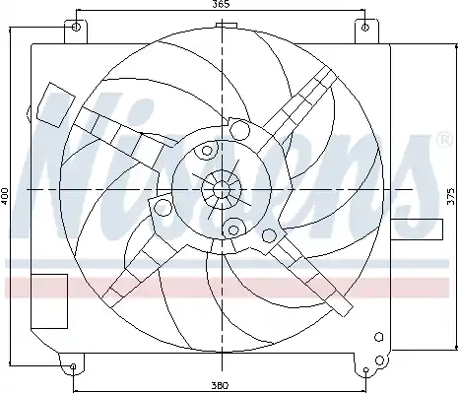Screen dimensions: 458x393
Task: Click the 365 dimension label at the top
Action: (x=221, y=4)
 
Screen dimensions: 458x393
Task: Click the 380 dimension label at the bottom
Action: (x=220, y=385)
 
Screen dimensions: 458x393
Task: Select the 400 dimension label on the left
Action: (x=5, y=196)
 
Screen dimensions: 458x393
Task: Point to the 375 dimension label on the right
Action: (x=451, y=197)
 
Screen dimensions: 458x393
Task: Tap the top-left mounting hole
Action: (x=76, y=27)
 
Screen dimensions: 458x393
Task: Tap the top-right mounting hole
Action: (x=365, y=28)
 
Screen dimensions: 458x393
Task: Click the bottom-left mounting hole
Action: (x=73, y=366)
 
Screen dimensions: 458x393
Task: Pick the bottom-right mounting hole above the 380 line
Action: (x=366, y=370)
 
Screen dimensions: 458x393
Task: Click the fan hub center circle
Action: (x=222, y=190)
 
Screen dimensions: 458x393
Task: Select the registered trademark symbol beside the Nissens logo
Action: (x=444, y=140)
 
